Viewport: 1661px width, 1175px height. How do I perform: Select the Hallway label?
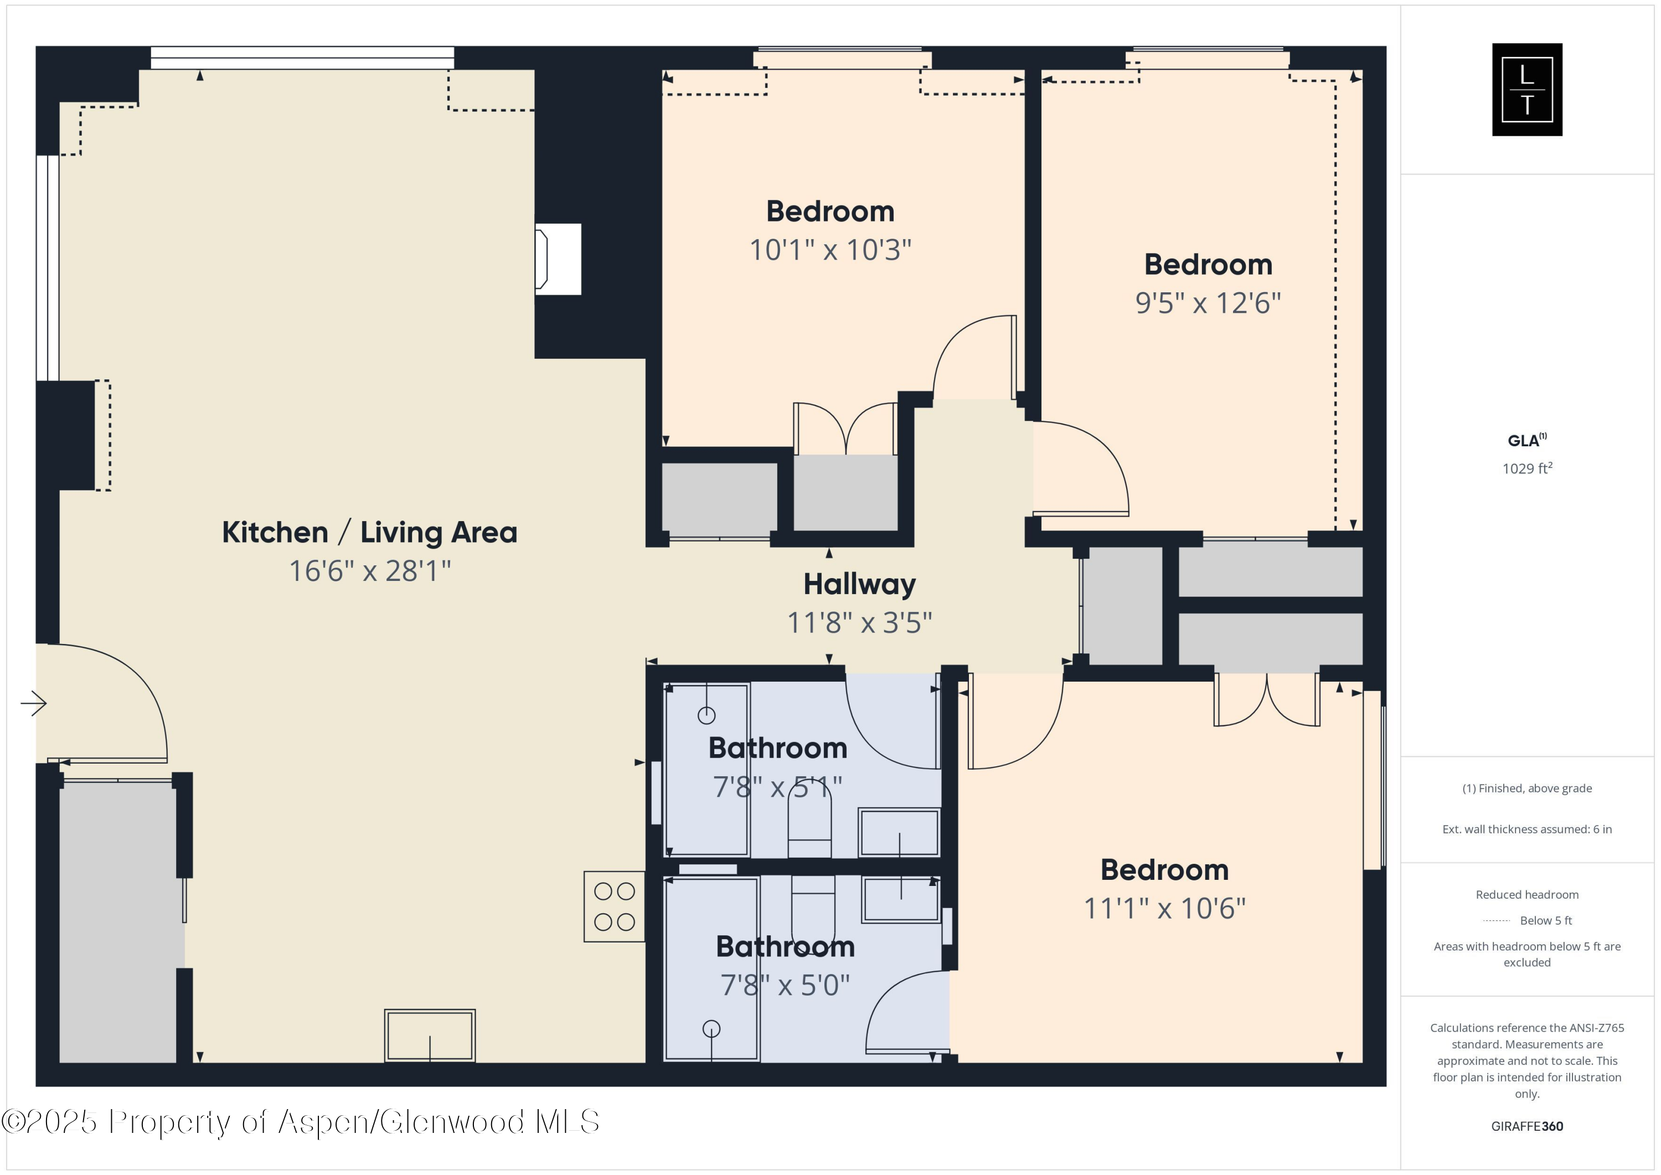[859, 584]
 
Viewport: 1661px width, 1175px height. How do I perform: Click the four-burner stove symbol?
[614, 906]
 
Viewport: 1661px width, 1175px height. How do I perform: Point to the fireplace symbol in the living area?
[557, 259]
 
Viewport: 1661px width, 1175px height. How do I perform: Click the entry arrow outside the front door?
[33, 703]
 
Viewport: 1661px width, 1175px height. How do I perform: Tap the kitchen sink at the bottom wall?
[430, 1035]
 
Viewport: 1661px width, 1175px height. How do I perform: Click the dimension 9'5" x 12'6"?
[1208, 303]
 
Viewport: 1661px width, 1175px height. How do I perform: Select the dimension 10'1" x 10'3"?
[830, 250]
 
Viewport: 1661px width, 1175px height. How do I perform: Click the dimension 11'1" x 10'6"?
[1164, 909]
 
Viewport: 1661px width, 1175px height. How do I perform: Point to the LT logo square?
[1526, 90]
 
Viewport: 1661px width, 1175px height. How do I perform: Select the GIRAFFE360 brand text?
[1526, 1126]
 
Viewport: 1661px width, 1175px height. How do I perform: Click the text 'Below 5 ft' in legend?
[1545, 920]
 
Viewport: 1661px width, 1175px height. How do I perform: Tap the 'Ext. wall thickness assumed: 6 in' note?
[1526, 829]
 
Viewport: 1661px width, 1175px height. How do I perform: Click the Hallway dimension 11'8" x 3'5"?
[859, 623]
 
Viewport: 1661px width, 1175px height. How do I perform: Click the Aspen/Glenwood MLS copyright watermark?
[300, 1121]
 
